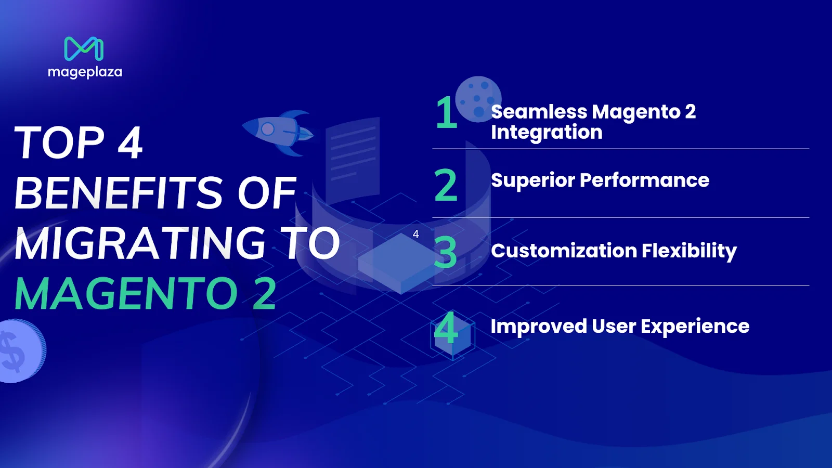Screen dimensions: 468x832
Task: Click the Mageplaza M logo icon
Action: click(84, 49)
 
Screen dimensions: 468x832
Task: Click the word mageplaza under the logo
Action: click(85, 72)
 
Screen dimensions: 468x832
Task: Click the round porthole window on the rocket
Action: click(267, 128)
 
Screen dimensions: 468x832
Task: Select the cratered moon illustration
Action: click(478, 98)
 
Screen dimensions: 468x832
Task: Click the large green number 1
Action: click(446, 113)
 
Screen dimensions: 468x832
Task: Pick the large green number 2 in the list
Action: click(446, 185)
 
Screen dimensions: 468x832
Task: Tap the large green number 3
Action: click(446, 253)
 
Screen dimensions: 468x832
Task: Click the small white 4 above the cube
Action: click(415, 234)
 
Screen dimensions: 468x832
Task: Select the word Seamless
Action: click(539, 112)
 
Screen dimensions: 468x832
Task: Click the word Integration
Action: click(547, 132)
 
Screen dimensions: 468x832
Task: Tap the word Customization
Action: click(564, 251)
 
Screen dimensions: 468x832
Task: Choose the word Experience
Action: click(695, 327)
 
